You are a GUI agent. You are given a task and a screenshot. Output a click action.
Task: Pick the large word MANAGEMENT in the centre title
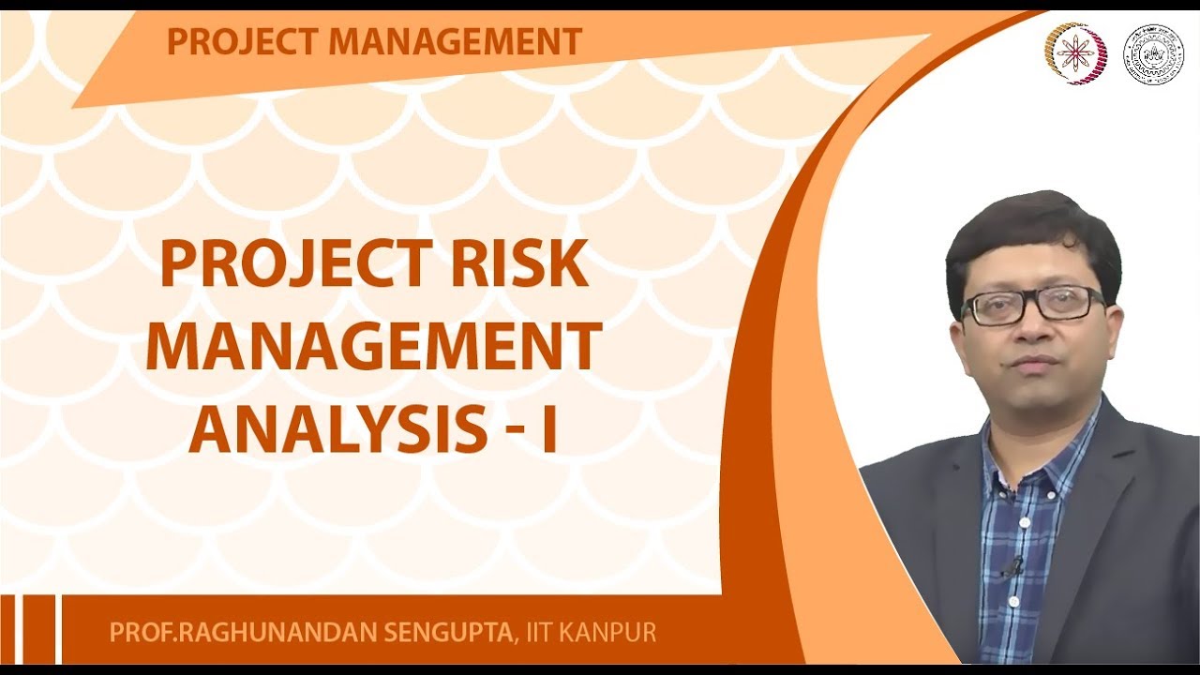pyautogui.click(x=374, y=347)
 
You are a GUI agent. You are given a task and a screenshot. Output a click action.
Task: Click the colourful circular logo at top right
pyautogui.click(x=1075, y=53)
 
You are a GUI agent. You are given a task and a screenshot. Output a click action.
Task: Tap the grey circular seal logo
pyautogui.click(x=1152, y=54)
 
